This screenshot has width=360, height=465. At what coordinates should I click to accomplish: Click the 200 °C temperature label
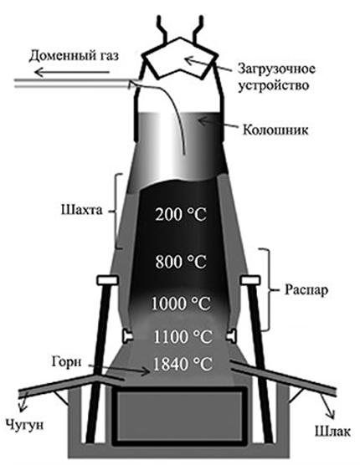click(x=181, y=215)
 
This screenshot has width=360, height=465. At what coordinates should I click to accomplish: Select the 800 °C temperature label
click(x=181, y=262)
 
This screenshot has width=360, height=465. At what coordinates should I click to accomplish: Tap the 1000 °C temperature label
click(x=181, y=304)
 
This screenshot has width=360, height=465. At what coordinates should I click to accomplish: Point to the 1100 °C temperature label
click(x=183, y=337)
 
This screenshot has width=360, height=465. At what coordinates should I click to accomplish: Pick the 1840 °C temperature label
click(x=183, y=364)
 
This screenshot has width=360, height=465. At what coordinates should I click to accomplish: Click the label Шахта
click(x=82, y=210)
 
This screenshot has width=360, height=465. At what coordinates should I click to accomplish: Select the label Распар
click(x=306, y=290)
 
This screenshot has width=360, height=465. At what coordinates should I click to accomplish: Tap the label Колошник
click(x=275, y=130)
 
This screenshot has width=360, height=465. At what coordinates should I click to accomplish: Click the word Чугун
click(x=25, y=425)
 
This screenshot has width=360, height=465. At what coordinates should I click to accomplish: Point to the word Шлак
click(x=332, y=432)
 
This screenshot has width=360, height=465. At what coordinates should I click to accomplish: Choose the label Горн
click(x=66, y=362)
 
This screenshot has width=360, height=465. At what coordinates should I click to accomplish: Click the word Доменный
click(x=61, y=56)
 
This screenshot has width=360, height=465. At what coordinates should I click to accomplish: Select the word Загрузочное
click(x=276, y=69)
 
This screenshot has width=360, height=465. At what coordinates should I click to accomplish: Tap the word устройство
click(x=274, y=86)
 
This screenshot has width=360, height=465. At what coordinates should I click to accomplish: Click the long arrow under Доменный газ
click(x=71, y=72)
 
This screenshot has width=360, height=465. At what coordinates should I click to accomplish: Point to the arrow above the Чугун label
click(x=23, y=401)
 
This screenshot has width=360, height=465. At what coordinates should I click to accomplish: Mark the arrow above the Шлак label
click(x=328, y=406)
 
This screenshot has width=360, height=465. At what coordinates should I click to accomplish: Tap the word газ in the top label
click(x=108, y=56)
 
